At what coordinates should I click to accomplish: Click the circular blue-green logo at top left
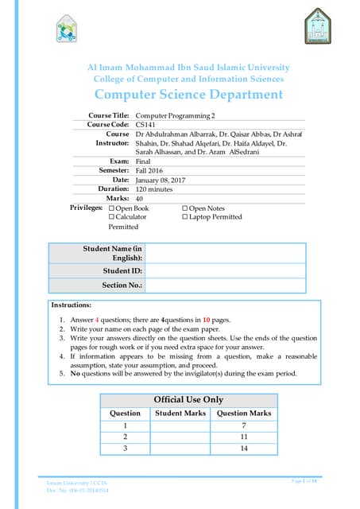coord(68,31)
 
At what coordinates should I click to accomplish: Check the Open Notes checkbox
coord(184,208)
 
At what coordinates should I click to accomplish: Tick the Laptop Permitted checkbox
coord(184,216)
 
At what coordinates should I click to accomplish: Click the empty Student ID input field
coord(225,271)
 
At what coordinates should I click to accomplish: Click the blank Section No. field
coord(225,285)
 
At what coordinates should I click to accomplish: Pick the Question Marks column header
coord(244,413)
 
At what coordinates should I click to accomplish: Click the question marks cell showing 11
coord(244,437)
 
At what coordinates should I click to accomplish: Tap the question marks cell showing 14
coord(244,449)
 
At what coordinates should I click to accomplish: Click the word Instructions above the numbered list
coord(72,305)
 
